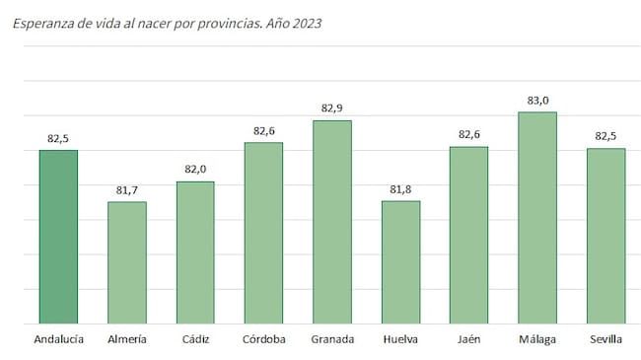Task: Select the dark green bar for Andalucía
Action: tap(58, 237)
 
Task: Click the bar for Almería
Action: tap(126, 262)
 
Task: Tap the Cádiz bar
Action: tap(195, 252)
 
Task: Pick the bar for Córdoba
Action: tap(263, 233)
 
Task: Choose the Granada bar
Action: tap(332, 222)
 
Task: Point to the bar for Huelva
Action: tap(400, 262)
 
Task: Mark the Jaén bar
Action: tap(469, 235)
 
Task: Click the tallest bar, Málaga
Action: tap(537, 218)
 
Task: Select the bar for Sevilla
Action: tap(606, 236)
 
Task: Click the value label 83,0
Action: tap(537, 100)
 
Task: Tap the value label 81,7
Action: tap(126, 189)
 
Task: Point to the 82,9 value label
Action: tap(332, 108)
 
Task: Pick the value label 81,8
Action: tap(400, 188)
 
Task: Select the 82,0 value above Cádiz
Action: tap(195, 169)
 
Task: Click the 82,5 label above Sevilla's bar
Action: tap(606, 136)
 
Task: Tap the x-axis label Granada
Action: tap(332, 339)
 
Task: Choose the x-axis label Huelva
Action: tap(400, 339)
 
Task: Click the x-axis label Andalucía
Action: tap(58, 339)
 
